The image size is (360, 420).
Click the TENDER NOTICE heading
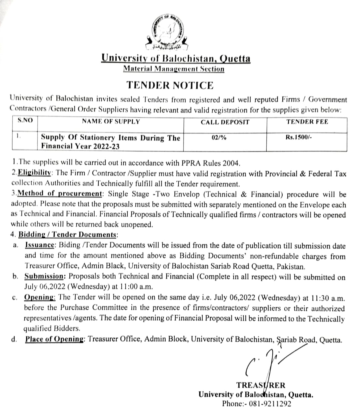[170, 85]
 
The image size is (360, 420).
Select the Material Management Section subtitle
[173, 69]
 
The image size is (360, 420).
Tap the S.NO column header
[25, 121]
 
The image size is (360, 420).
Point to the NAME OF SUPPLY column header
[111, 122]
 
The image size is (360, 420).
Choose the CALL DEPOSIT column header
[225, 122]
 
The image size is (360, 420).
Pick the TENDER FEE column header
[307, 122]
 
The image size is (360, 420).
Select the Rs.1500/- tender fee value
[299, 137]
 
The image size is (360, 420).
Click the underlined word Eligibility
[34, 173]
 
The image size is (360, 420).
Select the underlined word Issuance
[40, 245]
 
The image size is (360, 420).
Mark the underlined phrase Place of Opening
[54, 339]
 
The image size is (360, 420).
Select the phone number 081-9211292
[270, 404]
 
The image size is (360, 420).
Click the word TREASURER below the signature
[261, 385]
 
